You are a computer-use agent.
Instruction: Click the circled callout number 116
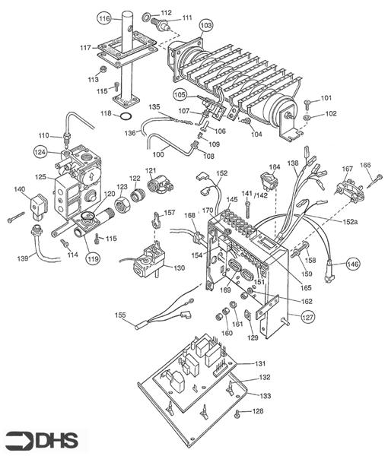point(104,19)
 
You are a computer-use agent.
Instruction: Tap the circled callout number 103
point(206,26)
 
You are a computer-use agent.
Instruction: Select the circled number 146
point(353,264)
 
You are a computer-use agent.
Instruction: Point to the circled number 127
point(307,317)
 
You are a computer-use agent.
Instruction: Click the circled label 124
point(41,152)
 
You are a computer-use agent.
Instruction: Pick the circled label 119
point(93,258)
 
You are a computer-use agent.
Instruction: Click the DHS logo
point(42,440)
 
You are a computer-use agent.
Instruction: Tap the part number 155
point(120,315)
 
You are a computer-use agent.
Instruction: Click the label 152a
point(349,222)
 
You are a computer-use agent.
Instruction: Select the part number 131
point(260,363)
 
